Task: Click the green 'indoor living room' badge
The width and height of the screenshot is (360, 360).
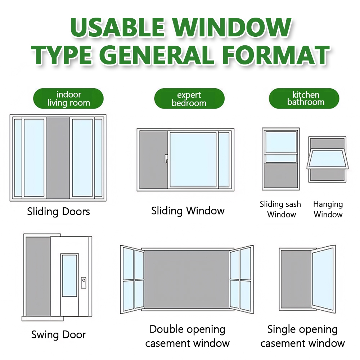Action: [68, 99]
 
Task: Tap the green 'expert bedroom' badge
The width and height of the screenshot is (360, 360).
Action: [189, 99]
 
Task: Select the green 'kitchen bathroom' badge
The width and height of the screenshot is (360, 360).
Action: [304, 99]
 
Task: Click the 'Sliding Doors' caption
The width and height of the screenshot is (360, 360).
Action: [59, 212]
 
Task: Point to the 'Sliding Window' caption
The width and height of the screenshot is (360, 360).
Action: [188, 211]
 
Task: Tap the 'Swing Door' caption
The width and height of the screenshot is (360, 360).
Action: [59, 335]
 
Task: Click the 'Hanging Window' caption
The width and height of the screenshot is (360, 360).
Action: [328, 209]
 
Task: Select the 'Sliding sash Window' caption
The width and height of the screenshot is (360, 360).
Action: [280, 209]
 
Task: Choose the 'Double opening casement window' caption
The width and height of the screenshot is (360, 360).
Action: [188, 336]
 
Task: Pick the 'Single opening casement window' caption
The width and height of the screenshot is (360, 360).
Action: [303, 336]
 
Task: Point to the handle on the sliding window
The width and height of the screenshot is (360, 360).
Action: [166, 159]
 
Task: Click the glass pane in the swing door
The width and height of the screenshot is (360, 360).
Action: [69, 275]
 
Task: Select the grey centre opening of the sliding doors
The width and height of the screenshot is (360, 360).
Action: [58, 158]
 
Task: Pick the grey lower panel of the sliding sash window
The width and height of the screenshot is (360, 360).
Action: [281, 176]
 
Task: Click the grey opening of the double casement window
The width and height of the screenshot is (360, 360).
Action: [187, 279]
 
